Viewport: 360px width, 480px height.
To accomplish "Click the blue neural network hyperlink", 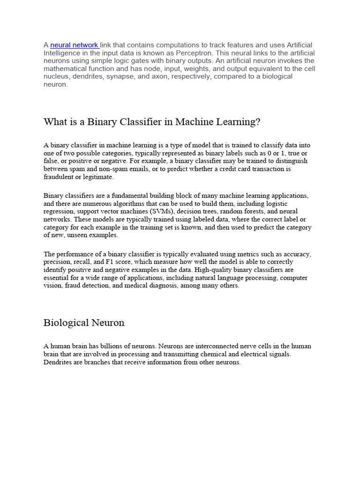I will [x=74, y=45].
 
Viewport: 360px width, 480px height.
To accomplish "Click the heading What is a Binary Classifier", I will [x=151, y=122].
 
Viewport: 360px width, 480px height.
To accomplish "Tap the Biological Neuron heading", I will [x=84, y=322].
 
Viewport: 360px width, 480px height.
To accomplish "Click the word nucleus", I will [x=56, y=76].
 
